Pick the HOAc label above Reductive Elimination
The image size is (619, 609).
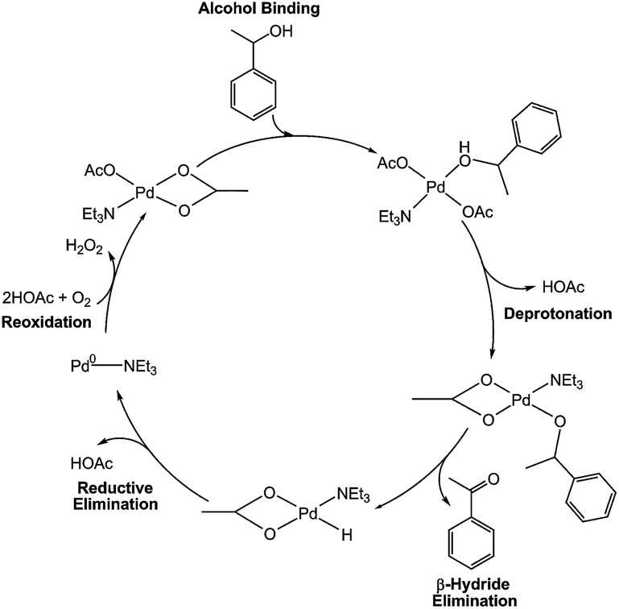[90, 462]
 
